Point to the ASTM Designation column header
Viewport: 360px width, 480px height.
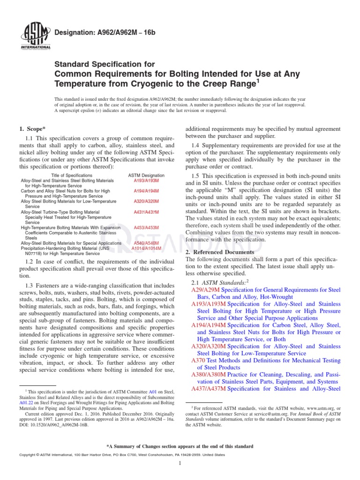click(146, 175)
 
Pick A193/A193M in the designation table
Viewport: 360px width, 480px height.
click(146, 180)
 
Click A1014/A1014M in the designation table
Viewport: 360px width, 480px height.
click(146, 248)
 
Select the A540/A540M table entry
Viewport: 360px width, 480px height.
click(146, 243)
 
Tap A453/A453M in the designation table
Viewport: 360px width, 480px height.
click(146, 228)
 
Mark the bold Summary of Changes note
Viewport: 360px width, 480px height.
click(180, 446)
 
